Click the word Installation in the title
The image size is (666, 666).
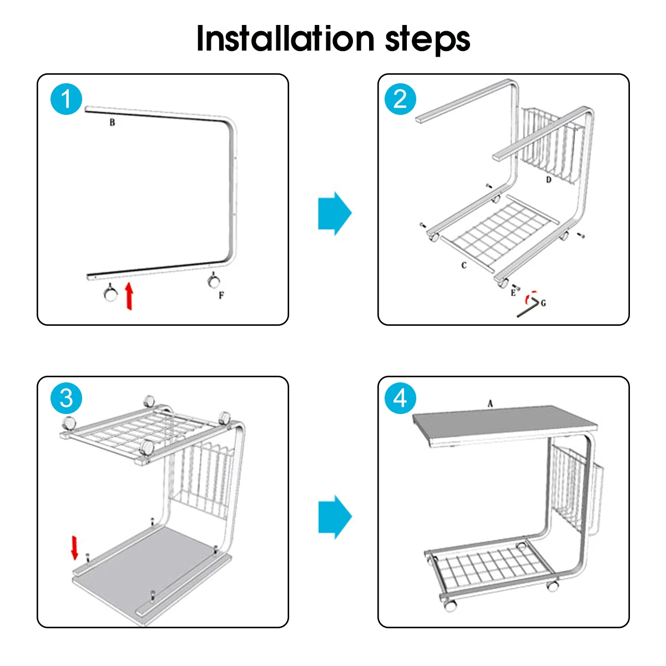pyautogui.click(x=285, y=38)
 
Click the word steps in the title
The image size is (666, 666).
pyautogui.click(x=427, y=41)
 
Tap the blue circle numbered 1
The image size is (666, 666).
pyautogui.click(x=67, y=99)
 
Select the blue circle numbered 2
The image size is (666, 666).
pyautogui.click(x=400, y=99)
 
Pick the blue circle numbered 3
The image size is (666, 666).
pyautogui.click(x=67, y=398)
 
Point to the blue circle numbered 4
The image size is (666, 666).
pyautogui.click(x=400, y=398)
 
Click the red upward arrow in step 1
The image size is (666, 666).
pyautogui.click(x=129, y=296)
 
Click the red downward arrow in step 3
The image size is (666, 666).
pyautogui.click(x=75, y=547)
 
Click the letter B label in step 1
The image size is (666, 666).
pyautogui.click(x=112, y=122)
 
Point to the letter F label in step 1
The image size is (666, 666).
pyautogui.click(x=221, y=295)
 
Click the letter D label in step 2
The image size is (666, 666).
pyautogui.click(x=548, y=180)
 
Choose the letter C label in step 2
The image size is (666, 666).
pyautogui.click(x=464, y=265)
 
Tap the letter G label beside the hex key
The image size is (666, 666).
pyautogui.click(x=543, y=303)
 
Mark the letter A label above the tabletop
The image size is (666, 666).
pyautogui.click(x=490, y=403)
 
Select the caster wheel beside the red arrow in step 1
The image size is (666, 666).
pyautogui.click(x=110, y=293)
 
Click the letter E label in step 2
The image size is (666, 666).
pyautogui.click(x=513, y=293)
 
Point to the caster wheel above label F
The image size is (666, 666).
pyautogui.click(x=214, y=280)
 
